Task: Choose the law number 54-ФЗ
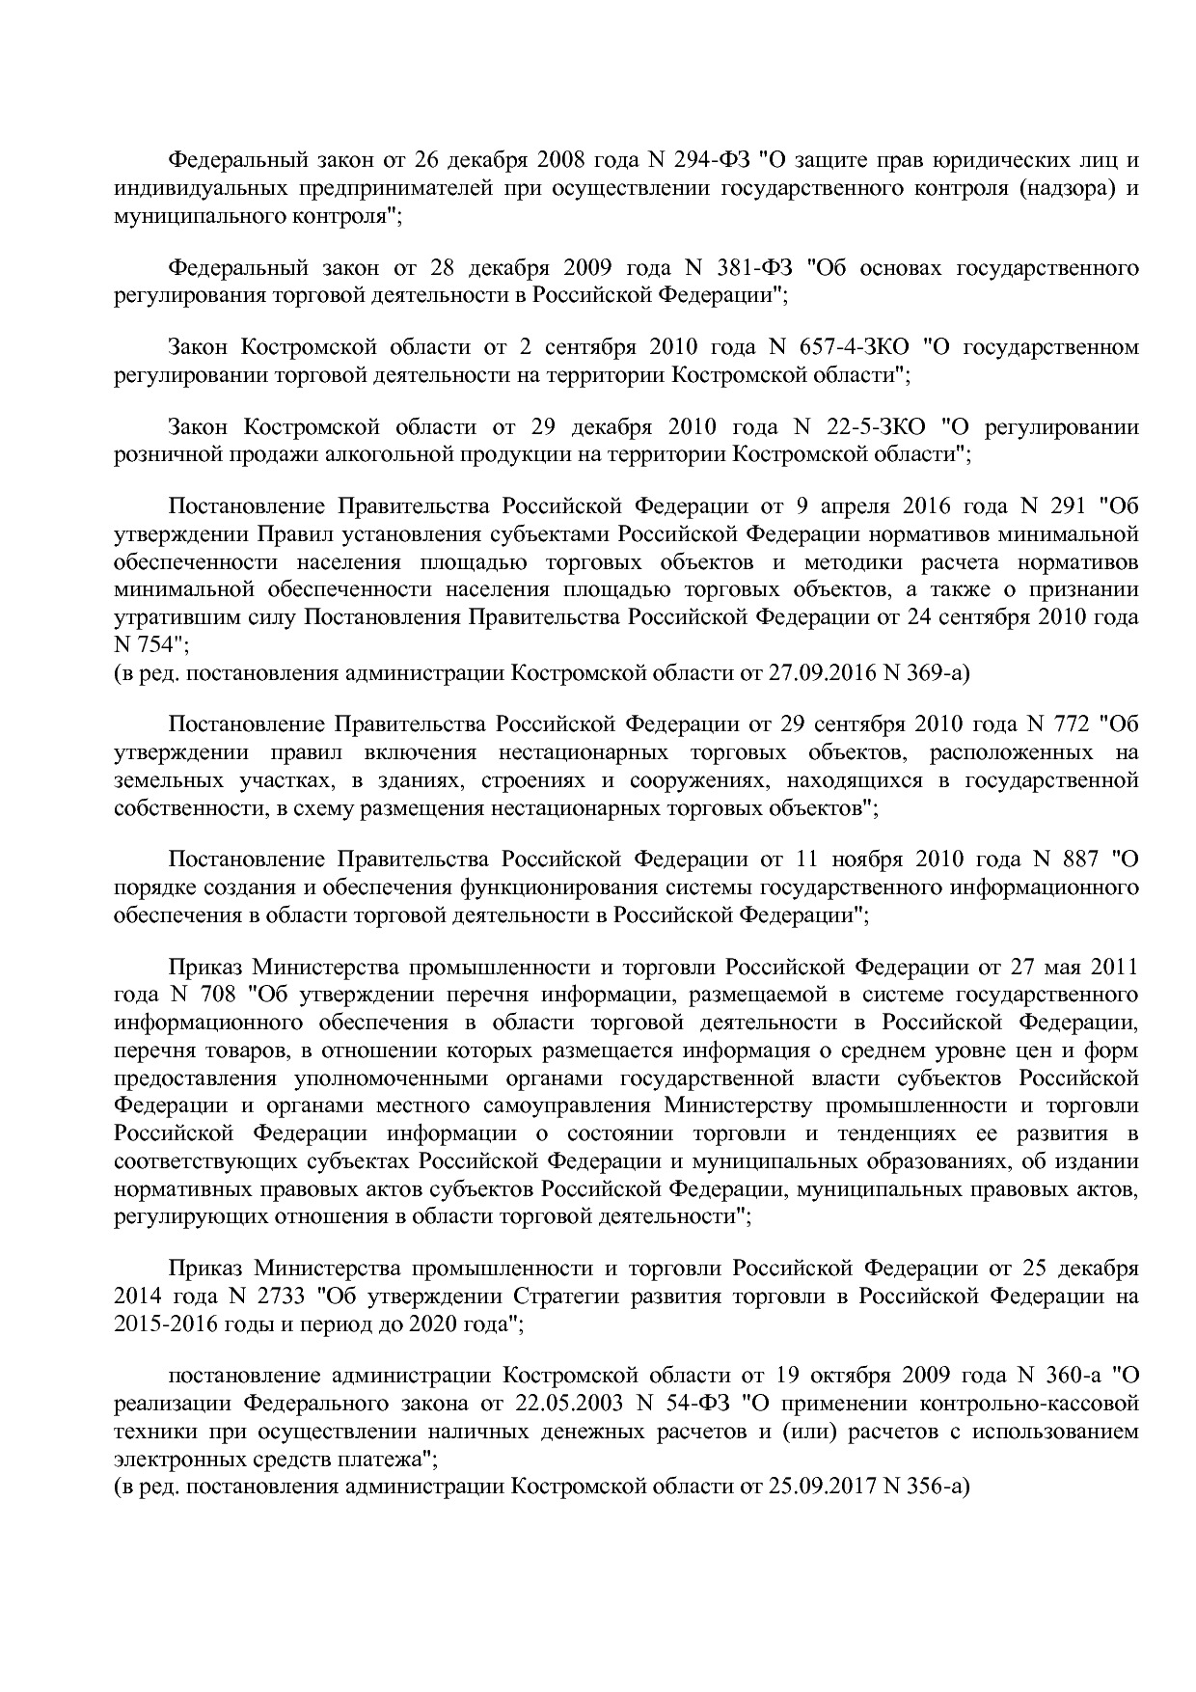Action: (710, 1403)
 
